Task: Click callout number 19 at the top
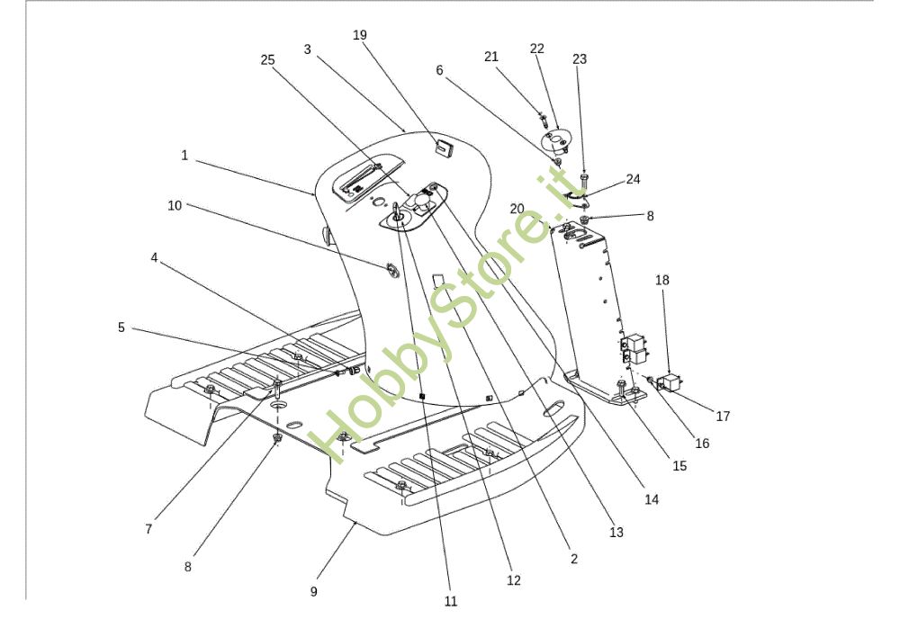click(360, 35)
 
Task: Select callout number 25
click(267, 59)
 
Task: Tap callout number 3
click(307, 49)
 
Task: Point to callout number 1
click(184, 156)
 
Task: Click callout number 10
click(175, 205)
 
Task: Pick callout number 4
click(154, 257)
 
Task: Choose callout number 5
click(121, 327)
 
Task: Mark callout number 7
click(148, 529)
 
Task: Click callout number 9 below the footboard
click(313, 592)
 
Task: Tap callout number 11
click(451, 601)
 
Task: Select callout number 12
click(513, 581)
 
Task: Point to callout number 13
click(616, 533)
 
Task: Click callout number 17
click(723, 417)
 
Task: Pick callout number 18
click(662, 281)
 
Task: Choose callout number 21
click(491, 57)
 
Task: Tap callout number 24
click(633, 179)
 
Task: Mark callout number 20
click(517, 208)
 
